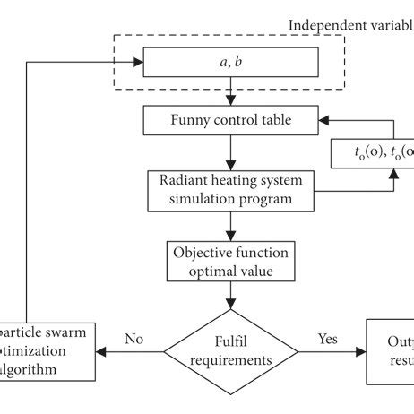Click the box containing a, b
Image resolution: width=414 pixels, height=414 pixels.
coord(231,63)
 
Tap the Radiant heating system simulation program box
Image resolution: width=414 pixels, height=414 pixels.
coord(231,189)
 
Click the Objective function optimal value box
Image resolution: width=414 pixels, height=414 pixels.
coord(231,259)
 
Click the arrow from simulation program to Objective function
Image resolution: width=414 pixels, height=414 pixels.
coord(231,224)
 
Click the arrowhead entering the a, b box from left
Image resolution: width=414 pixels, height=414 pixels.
coord(139,63)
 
